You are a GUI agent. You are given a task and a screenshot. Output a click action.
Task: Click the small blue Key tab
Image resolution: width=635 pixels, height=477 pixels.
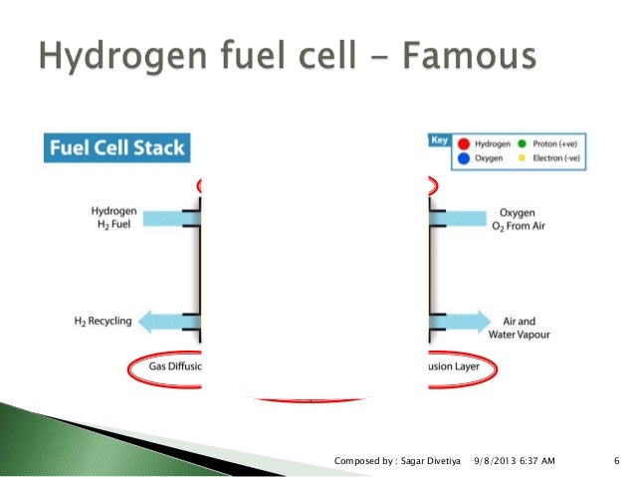point(438,141)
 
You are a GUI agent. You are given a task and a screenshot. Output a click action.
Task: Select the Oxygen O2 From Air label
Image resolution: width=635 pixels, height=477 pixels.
point(520,219)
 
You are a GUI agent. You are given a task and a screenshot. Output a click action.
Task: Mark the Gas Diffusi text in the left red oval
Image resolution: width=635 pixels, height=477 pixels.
point(175,366)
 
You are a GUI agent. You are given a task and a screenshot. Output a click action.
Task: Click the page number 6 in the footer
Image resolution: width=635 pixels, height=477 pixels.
point(617,460)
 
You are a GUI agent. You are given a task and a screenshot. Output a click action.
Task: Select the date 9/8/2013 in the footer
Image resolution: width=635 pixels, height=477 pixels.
point(495,460)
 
